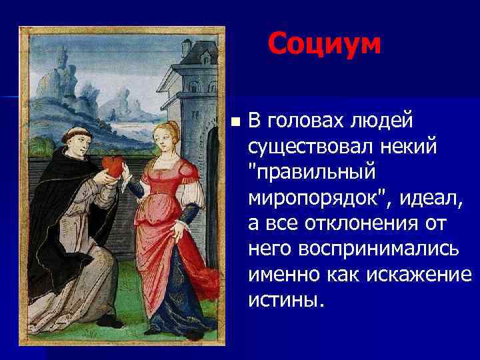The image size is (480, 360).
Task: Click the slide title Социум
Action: [x=325, y=45]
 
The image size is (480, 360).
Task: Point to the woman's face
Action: [x=165, y=136]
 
